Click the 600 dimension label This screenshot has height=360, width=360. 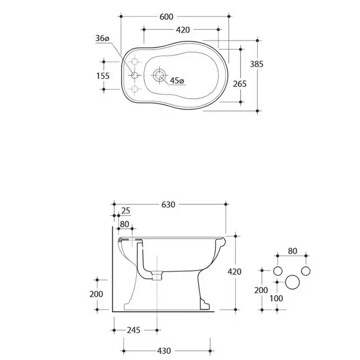(166, 17)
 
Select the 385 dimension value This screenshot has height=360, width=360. (257, 64)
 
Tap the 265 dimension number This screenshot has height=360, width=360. (240, 84)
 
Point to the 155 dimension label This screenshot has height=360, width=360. (103, 76)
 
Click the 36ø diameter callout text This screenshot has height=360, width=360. (102, 39)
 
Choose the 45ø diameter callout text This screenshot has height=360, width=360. (177, 81)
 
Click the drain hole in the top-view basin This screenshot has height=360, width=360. (159, 75)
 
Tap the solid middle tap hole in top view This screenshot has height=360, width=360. (135, 75)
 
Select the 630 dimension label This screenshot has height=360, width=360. (168, 205)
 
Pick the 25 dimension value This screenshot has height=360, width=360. (126, 210)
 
